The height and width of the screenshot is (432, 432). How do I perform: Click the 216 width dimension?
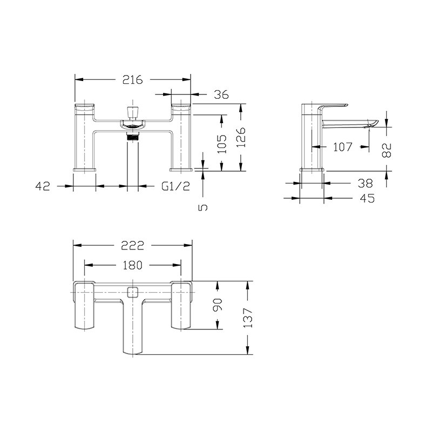[132, 80]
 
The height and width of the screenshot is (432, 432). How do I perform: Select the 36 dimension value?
[221, 94]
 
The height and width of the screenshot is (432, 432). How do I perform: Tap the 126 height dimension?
[241, 137]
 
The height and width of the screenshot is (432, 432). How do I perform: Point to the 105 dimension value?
[221, 144]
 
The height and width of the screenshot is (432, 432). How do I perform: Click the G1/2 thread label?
[175, 186]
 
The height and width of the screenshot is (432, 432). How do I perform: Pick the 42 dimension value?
[43, 186]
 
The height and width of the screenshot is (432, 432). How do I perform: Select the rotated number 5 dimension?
[202, 207]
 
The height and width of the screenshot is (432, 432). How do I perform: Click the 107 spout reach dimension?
[342, 147]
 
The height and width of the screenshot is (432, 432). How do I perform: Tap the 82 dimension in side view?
[387, 150]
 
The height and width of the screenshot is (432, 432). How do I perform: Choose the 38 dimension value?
[365, 183]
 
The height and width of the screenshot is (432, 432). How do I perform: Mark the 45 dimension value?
[367, 198]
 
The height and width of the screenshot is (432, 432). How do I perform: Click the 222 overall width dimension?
[132, 246]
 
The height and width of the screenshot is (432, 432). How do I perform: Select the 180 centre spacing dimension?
[132, 265]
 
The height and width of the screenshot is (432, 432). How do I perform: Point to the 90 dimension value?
[218, 305]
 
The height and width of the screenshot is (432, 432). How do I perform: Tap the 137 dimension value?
[248, 318]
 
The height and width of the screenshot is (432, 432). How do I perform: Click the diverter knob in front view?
[132, 111]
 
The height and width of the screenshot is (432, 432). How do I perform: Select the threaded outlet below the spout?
[132, 137]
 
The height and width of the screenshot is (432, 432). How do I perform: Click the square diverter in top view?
[133, 292]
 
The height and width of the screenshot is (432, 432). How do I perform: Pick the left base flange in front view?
[85, 169]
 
